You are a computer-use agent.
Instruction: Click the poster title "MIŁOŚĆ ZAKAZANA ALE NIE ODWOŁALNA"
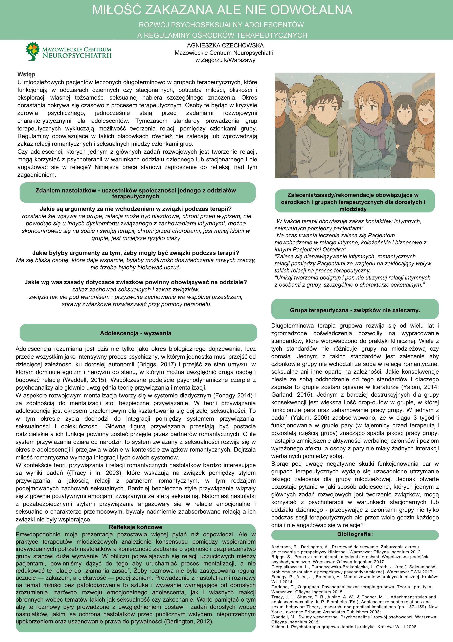tap(222, 10)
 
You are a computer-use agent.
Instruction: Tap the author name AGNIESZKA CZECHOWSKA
tap(225, 45)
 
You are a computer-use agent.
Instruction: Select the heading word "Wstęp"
tap(26, 74)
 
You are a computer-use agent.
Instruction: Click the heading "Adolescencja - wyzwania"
tap(136, 333)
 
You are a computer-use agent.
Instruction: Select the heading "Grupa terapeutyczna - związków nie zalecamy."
tap(355, 310)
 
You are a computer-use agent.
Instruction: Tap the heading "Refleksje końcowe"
tap(136, 527)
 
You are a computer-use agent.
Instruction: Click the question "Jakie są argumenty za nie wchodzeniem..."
tap(136, 209)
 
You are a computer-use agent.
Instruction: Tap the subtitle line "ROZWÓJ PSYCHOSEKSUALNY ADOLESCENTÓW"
tap(221, 25)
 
